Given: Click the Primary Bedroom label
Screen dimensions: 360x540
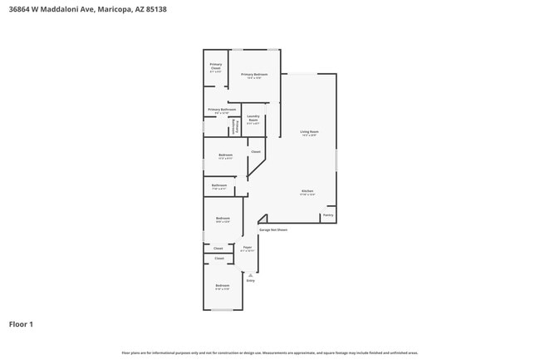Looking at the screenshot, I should point(254,75).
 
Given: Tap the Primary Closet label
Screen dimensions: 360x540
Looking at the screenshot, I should point(215,66).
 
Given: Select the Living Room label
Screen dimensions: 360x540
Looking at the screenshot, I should point(309,131).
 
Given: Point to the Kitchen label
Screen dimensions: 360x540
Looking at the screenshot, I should point(307,191).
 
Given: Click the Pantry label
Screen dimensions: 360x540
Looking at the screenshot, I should point(328,215).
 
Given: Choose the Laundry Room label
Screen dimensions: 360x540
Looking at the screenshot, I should point(253,118).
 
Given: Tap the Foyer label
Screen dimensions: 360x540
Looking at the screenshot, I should point(248,247).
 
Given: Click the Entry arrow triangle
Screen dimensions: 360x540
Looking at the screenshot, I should point(250,274).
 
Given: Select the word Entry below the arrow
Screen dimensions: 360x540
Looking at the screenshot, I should point(250,281).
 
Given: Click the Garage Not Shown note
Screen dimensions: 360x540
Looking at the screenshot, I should point(273,230).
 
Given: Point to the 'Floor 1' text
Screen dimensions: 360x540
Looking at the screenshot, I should point(21,324).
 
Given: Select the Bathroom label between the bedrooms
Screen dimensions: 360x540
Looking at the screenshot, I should point(219,185).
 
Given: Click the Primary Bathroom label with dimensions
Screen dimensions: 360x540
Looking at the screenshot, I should point(222,110).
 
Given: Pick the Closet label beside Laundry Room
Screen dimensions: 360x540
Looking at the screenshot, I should point(256,151).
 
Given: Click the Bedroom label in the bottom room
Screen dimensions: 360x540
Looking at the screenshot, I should point(222,286).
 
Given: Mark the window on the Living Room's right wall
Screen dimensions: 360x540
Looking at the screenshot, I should point(336,160).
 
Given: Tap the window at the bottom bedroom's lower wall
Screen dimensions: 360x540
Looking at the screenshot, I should point(222,310).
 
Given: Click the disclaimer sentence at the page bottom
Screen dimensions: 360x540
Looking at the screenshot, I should point(270,353).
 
